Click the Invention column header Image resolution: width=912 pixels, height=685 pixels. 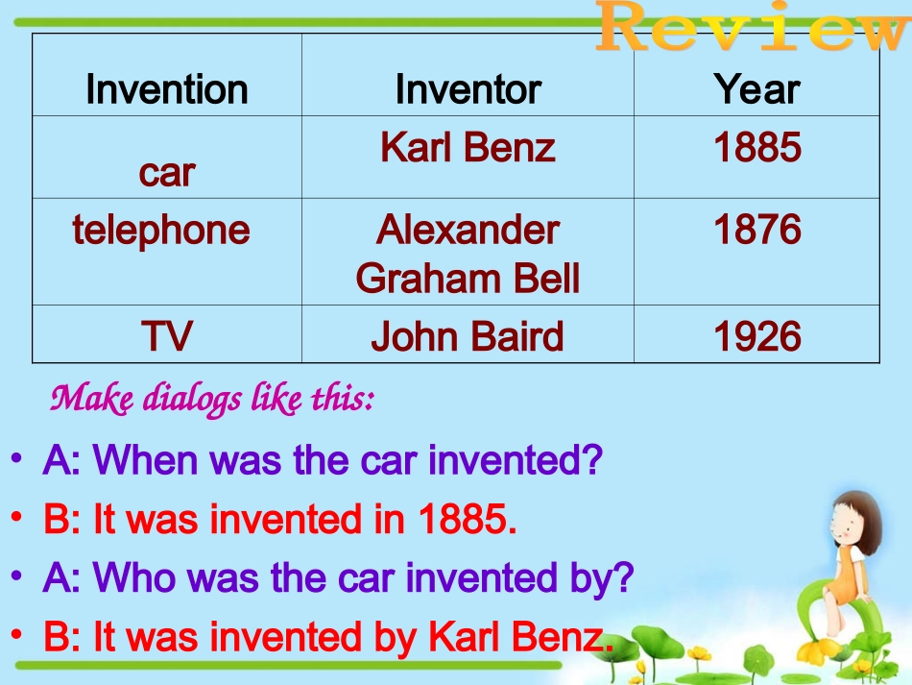point(166,89)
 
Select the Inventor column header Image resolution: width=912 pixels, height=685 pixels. point(468,89)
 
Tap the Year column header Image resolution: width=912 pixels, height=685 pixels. point(756,89)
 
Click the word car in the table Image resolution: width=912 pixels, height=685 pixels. point(166,173)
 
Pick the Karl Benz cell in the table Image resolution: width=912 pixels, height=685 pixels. point(468,147)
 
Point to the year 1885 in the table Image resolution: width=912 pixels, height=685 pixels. point(756,147)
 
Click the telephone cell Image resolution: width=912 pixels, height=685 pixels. point(160,230)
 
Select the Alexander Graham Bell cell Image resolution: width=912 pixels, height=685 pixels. point(468,254)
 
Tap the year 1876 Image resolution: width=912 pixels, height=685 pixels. point(756,230)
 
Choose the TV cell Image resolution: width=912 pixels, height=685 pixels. point(166,336)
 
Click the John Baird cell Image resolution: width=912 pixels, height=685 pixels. point(468,336)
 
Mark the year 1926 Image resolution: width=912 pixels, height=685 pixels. point(756,336)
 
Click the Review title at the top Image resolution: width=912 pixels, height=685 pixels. point(749,29)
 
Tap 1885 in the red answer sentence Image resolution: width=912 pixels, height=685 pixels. point(463,520)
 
